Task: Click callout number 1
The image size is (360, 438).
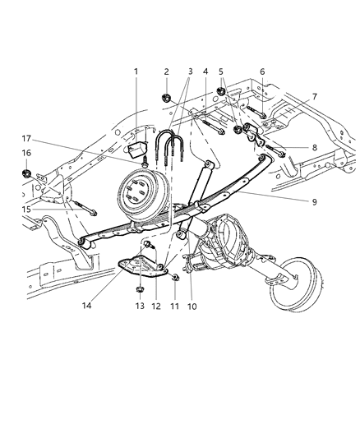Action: point(137,71)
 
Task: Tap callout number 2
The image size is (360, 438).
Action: point(167,71)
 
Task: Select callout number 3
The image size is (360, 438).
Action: point(190,71)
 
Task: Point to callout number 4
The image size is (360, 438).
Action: point(205,71)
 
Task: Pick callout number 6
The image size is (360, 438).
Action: point(262,71)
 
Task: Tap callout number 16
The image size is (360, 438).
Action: point(26,153)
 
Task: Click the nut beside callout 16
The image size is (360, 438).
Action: point(26,173)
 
